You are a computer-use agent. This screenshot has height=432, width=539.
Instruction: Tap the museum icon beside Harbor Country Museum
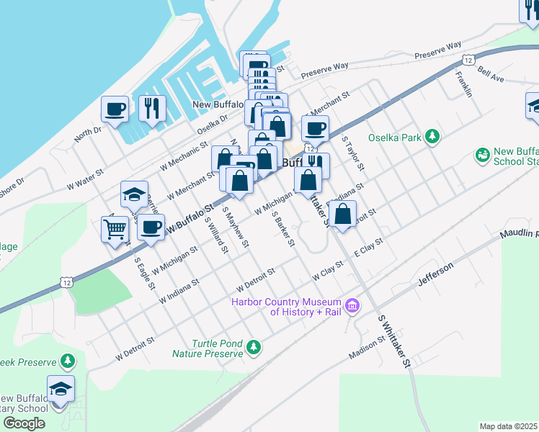pos(352,307)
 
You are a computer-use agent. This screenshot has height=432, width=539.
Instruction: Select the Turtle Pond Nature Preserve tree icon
pos(253,348)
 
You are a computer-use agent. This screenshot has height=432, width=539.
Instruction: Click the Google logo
pos(24,423)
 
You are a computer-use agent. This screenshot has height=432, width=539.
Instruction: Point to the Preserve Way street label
pos(437,50)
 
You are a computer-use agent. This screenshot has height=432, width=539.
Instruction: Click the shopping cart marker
pos(115,230)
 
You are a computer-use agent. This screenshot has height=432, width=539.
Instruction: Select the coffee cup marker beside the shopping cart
pos(151,228)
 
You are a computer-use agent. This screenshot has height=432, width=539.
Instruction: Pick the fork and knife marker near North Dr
pos(152,108)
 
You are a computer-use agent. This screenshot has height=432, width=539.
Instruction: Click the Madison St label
pos(367,345)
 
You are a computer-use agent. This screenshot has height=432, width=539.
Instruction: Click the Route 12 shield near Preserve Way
pos(468,60)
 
